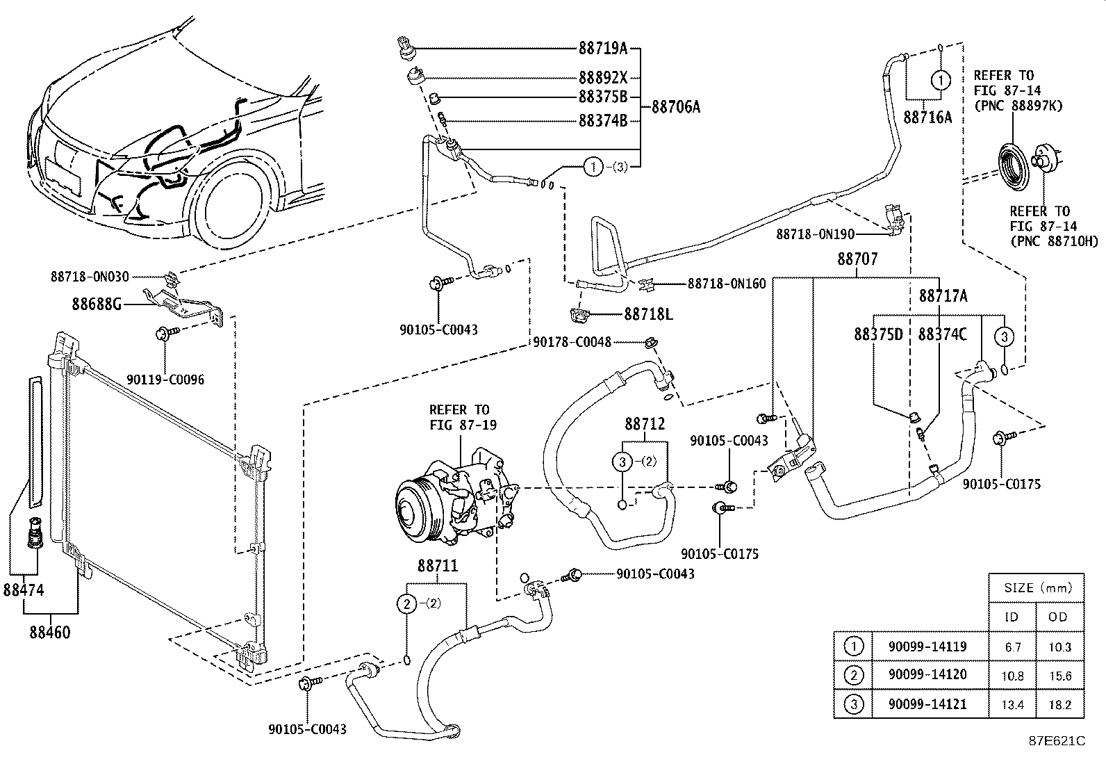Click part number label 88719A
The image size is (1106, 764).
[x=602, y=49]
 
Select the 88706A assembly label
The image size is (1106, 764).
[x=675, y=107]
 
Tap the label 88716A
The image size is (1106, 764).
[x=927, y=117]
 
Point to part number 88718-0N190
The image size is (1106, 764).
[x=815, y=234]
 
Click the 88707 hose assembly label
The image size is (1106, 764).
[x=858, y=259]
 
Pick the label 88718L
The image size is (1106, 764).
[x=648, y=314]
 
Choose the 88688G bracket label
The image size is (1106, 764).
[x=97, y=304]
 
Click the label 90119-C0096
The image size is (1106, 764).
[x=165, y=380]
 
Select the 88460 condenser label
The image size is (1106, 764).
[x=50, y=632]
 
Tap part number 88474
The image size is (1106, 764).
[x=23, y=590]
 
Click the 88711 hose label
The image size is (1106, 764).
[x=438, y=566]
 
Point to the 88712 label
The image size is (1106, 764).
[x=645, y=424]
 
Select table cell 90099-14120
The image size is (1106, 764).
[x=927, y=674]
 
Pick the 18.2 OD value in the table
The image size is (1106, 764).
[x=1059, y=705]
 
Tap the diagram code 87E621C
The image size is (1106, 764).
[x=1057, y=741]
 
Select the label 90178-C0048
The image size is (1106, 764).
[x=572, y=342]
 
